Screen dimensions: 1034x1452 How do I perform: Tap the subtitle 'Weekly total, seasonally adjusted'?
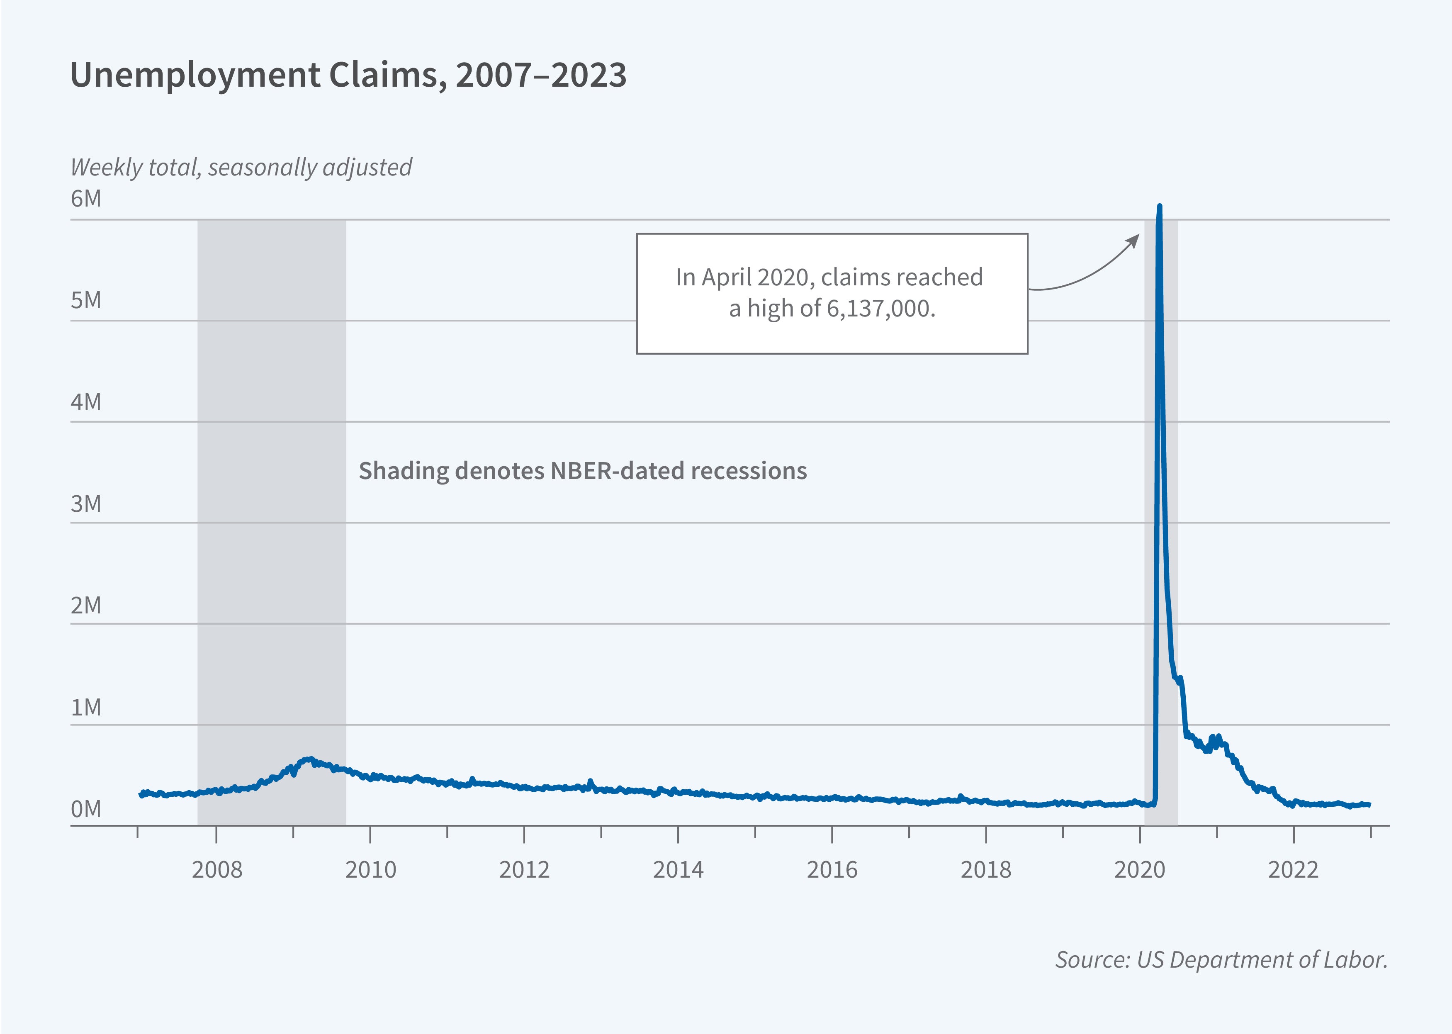click(x=241, y=168)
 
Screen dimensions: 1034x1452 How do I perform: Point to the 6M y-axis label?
click(x=86, y=199)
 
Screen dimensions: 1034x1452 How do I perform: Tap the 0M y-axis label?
click(x=86, y=809)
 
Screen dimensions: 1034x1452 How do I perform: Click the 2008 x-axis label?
click(x=217, y=870)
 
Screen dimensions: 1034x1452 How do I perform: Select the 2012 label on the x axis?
click(x=524, y=870)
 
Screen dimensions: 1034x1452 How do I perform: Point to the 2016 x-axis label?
click(x=832, y=870)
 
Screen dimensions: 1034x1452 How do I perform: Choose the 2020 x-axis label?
click(x=1139, y=870)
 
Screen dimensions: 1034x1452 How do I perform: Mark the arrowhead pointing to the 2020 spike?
click(x=1134, y=240)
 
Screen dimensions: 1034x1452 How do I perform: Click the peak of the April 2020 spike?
click(x=1159, y=206)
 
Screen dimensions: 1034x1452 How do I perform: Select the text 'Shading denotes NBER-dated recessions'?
click(x=582, y=471)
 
